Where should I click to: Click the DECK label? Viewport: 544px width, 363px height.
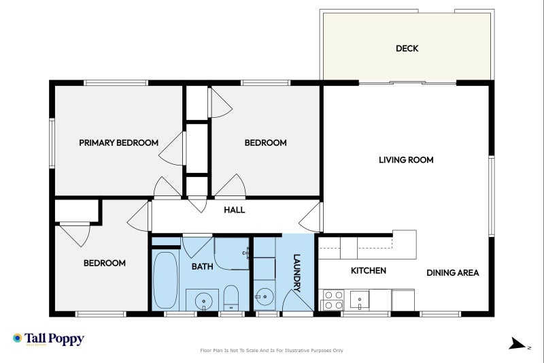[x=407, y=48]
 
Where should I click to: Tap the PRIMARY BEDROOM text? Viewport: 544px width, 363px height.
[x=118, y=143]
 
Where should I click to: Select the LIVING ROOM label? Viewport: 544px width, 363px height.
[x=406, y=160]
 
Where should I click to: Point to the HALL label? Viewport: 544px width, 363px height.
[x=235, y=210]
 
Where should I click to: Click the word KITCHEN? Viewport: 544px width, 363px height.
[x=368, y=270]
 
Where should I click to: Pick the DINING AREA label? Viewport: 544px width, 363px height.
[x=452, y=272]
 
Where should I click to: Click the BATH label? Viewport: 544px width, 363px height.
[x=202, y=266]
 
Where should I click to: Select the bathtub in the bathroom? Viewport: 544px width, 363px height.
[x=165, y=280]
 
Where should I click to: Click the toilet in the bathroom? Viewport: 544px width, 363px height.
[x=231, y=298]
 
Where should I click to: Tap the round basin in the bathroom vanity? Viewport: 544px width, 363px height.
[x=202, y=300]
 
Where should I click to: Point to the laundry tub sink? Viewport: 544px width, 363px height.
[x=264, y=298]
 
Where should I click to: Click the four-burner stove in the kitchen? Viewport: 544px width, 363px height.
[x=332, y=300]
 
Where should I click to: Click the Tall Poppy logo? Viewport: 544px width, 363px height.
[x=48, y=338]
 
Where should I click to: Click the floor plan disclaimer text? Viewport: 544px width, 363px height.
[x=271, y=351]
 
